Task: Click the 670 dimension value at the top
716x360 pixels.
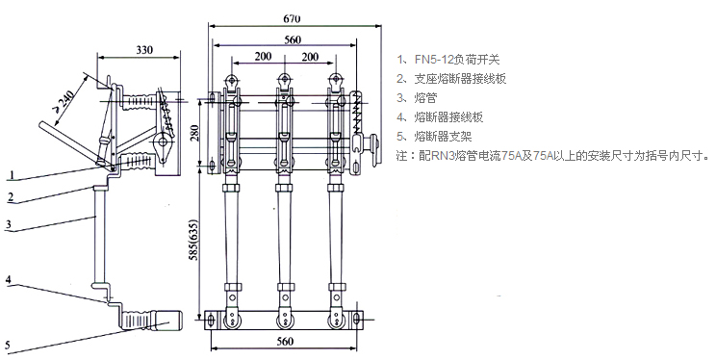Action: point(292,18)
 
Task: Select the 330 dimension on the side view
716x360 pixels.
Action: point(144,50)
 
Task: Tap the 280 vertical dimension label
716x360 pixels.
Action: point(195,133)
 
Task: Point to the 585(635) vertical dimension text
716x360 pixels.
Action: point(193,246)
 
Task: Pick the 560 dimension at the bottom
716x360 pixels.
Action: point(285,342)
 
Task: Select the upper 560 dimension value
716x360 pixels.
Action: point(293,39)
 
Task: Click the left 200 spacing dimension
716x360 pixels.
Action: point(263,56)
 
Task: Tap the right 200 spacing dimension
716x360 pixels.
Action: point(310,57)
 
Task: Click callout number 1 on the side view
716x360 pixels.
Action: point(13,174)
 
